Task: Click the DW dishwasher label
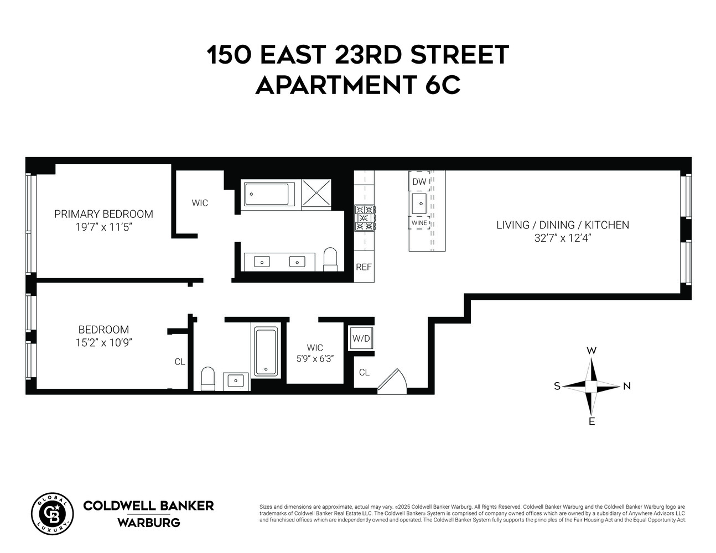click(419, 181)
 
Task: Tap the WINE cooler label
click(419, 223)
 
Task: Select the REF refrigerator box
click(364, 267)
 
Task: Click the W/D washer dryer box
click(361, 338)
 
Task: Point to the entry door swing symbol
click(392, 382)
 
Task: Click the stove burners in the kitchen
click(365, 218)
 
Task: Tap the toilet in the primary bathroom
click(330, 259)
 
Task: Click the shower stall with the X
click(317, 194)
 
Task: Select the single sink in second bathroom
click(236, 380)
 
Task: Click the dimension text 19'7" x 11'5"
click(103, 227)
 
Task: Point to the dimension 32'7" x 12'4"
click(562, 238)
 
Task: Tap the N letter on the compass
click(626, 386)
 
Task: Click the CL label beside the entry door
click(364, 372)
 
